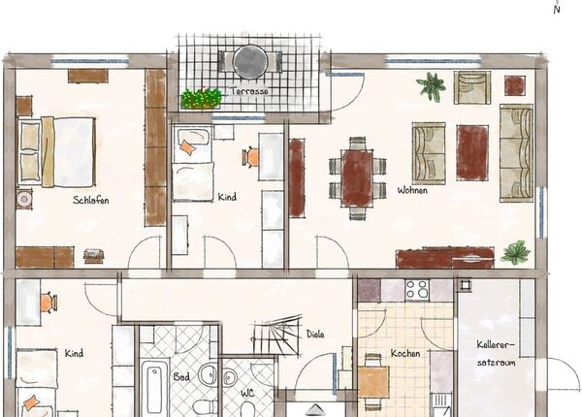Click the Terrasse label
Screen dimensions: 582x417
(x=249, y=91)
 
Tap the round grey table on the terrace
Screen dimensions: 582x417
(x=250, y=62)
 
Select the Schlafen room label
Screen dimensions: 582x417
(x=91, y=201)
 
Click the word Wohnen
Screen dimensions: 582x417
(x=412, y=190)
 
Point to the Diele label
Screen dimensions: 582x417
(x=315, y=335)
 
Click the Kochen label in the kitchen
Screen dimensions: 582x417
(x=405, y=353)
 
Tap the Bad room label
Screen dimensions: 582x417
(x=181, y=377)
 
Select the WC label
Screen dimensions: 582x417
(x=247, y=394)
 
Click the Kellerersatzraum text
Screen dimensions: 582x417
(x=497, y=354)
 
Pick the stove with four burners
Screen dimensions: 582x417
(x=417, y=290)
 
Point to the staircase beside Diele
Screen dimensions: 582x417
(x=277, y=336)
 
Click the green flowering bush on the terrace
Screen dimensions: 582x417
(x=201, y=98)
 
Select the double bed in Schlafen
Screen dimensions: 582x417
(x=56, y=151)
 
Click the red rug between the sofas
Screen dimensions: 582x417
(x=472, y=152)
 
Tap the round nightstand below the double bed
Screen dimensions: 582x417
(x=24, y=199)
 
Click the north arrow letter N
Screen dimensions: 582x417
(x=557, y=10)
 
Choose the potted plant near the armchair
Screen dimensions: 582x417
(x=432, y=87)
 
